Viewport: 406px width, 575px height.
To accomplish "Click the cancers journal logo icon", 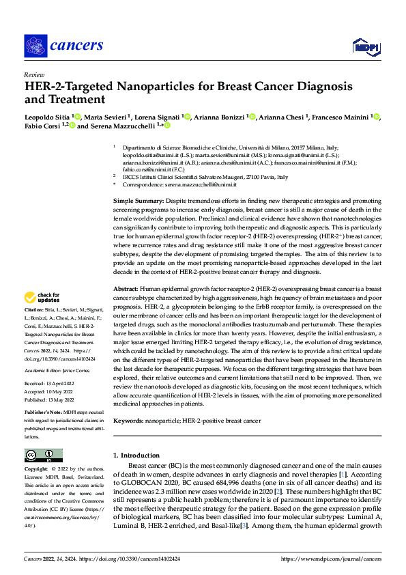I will [x=35, y=46].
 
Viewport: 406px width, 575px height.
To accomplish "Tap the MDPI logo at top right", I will [x=366, y=46].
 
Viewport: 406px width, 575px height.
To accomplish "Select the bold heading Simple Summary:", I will [x=137, y=201].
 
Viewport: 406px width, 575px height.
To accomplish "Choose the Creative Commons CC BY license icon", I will [x=43, y=455].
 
